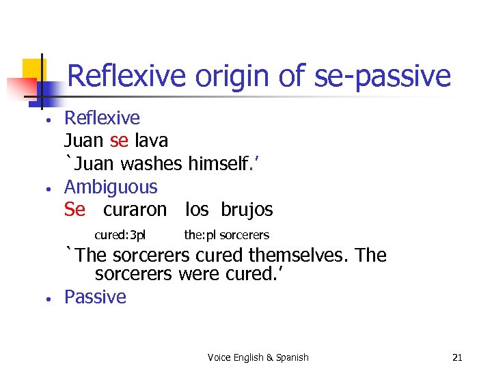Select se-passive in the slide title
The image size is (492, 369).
[383, 77]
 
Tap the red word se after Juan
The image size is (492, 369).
[119, 141]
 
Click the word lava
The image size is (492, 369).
[151, 141]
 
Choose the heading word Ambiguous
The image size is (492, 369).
[111, 187]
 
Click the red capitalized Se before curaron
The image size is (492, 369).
[74, 209]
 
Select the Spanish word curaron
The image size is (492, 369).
[135, 209]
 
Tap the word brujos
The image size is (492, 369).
[247, 209]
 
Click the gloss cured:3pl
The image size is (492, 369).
[120, 235]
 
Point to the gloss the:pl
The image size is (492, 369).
[200, 235]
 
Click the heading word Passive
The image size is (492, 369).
[95, 297]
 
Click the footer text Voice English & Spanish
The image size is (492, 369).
[258, 357]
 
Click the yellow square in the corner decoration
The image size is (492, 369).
[33, 70]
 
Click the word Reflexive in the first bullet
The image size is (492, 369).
[102, 118]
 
